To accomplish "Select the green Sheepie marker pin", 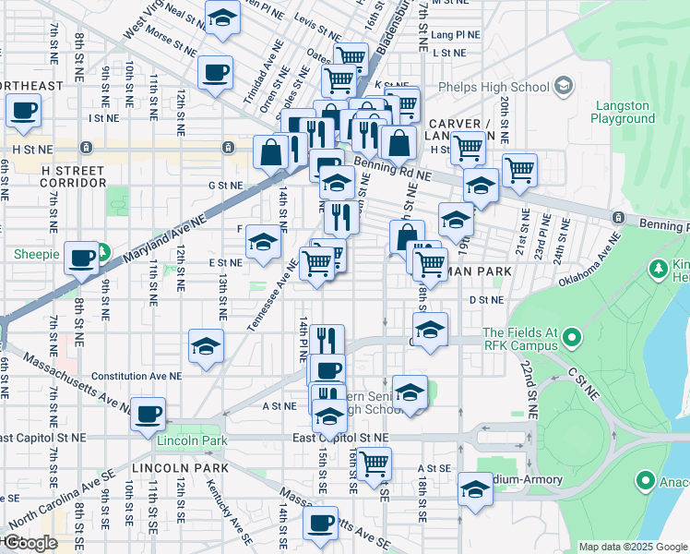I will pos(104,251).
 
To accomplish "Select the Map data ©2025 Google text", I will pos(633,547).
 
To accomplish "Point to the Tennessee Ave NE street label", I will pos(272,294).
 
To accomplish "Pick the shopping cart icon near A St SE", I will pos(374,464).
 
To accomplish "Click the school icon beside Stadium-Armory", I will pos(475,489).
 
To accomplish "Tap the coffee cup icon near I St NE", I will pos(23,111).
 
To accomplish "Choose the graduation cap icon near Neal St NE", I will pos(222,18).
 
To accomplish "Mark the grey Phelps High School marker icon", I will pos(564,87).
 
